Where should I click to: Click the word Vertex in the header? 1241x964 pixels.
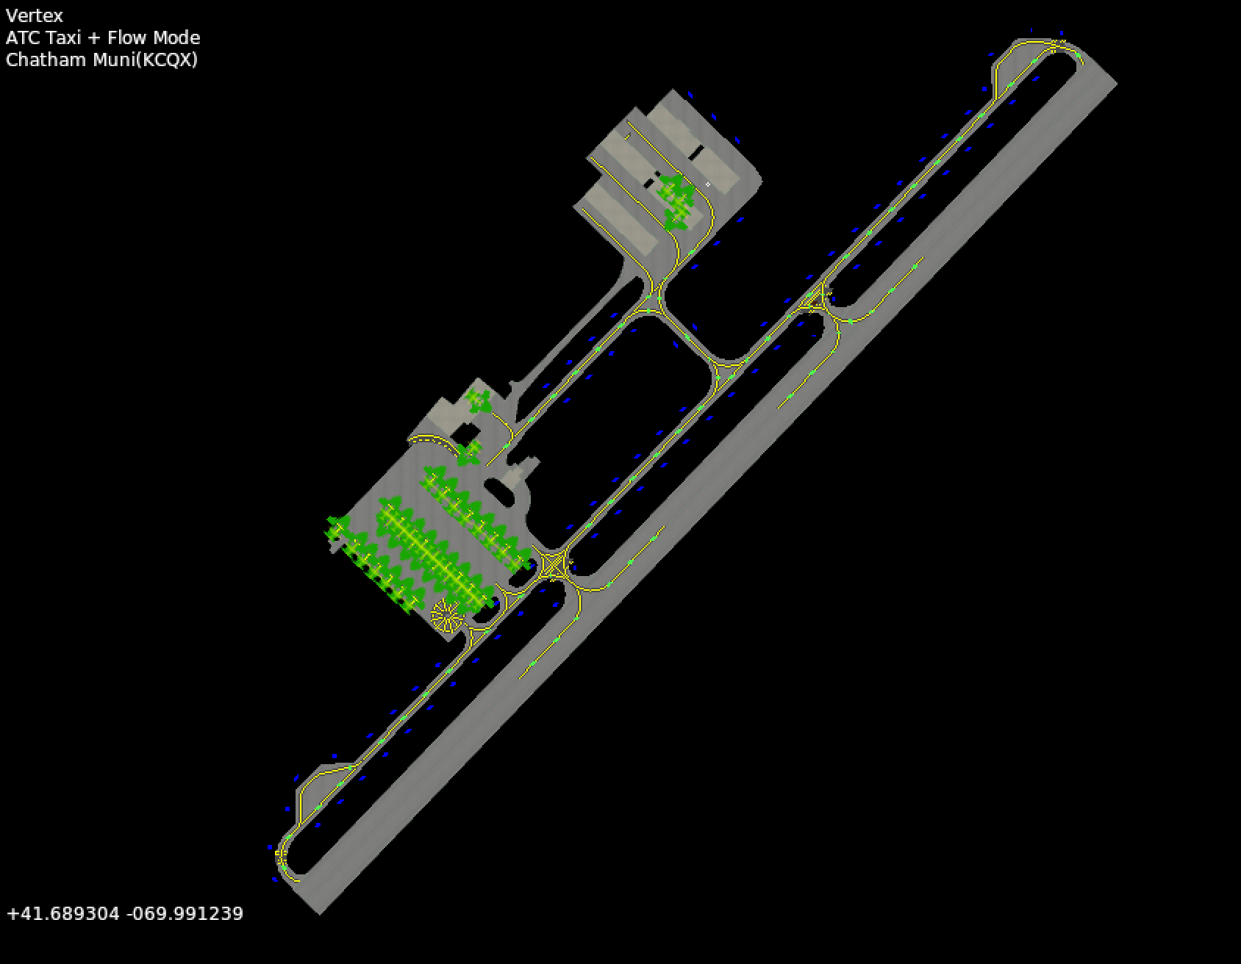35,15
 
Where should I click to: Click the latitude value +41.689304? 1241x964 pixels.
63,913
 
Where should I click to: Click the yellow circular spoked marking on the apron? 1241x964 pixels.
446,615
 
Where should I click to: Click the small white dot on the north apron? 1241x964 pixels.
708,184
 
